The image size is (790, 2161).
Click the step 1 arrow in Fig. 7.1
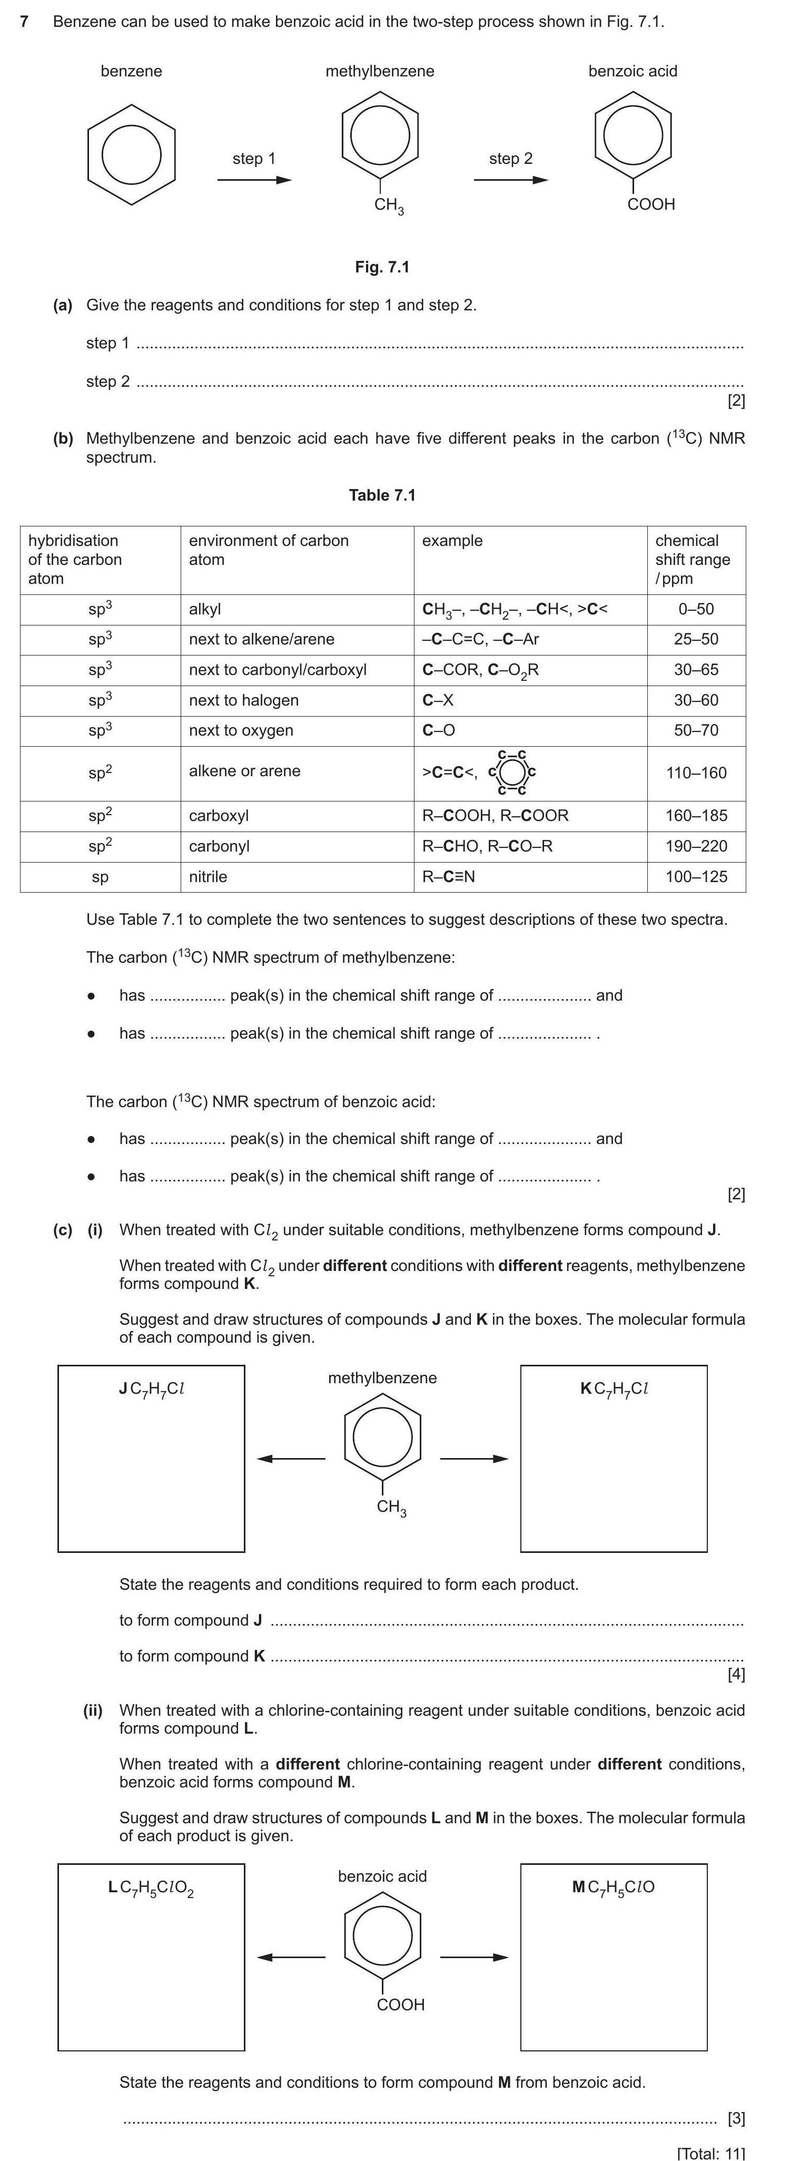(x=254, y=180)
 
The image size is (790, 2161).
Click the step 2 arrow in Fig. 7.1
(x=511, y=180)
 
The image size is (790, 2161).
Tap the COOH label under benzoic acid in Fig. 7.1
(x=651, y=204)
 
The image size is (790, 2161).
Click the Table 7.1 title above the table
(x=382, y=495)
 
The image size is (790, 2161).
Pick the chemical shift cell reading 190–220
(x=696, y=846)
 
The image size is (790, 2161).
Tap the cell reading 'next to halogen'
(x=243, y=700)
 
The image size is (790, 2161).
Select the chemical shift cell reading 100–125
(x=696, y=877)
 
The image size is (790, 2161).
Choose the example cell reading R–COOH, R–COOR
(x=495, y=815)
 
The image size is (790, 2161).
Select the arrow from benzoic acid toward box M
(x=474, y=1957)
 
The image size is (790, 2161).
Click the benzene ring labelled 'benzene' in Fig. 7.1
(x=131, y=154)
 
